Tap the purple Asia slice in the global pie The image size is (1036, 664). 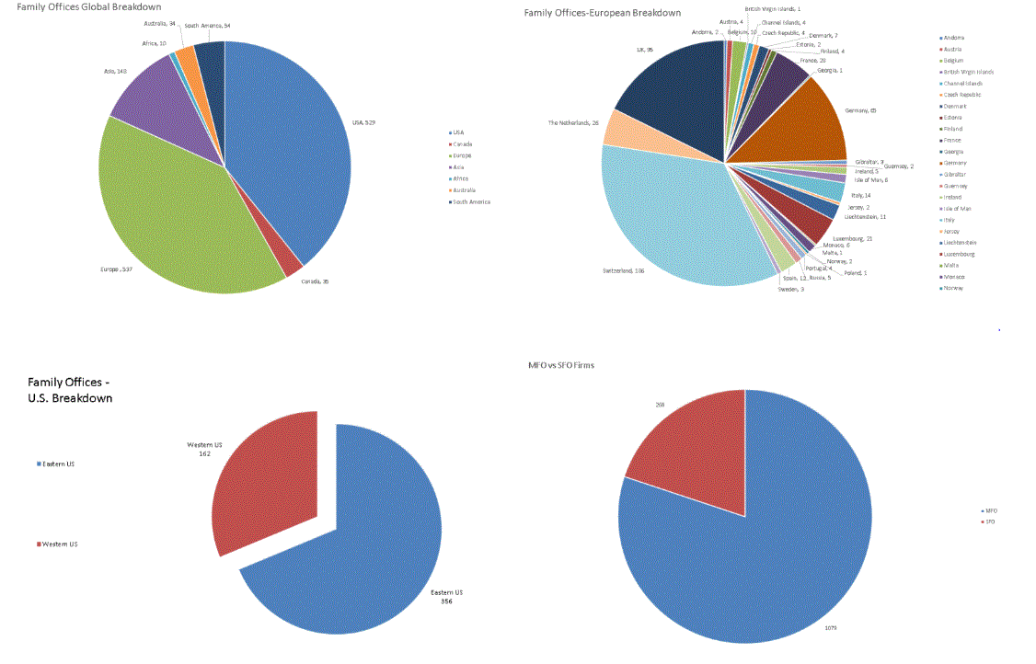click(x=152, y=92)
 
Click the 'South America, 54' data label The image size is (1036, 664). click(x=207, y=26)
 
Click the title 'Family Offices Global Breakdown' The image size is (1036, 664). click(x=88, y=7)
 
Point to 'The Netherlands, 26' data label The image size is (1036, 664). click(x=573, y=122)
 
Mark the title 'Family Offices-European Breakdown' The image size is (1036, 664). click(x=602, y=13)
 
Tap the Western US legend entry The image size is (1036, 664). click(x=60, y=544)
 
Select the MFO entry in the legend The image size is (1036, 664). click(x=989, y=510)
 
